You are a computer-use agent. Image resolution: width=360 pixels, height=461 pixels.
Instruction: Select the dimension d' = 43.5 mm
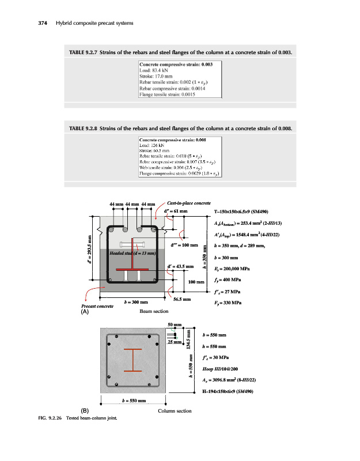tap(180, 266)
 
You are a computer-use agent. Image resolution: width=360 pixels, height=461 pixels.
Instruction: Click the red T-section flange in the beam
tap(133, 269)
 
